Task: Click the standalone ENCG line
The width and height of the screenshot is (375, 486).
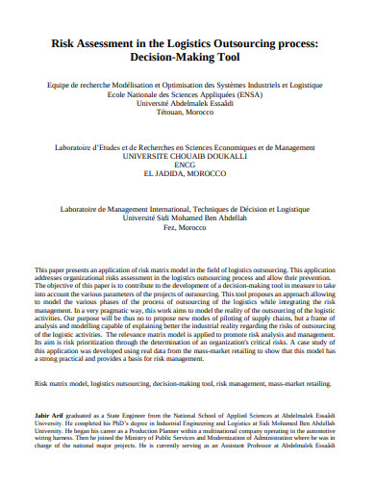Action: tap(187, 164)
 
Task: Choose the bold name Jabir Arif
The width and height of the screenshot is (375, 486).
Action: tap(50, 413)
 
